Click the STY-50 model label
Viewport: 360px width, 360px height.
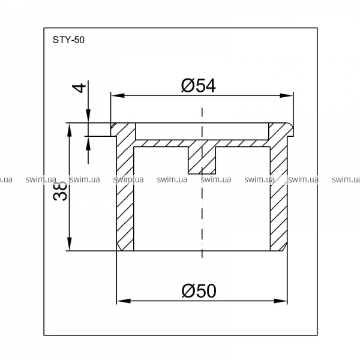tap(68, 40)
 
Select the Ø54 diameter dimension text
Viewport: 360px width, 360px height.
tap(199, 86)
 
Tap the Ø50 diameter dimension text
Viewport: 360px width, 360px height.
tap(199, 290)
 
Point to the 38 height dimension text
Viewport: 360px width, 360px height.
tap(60, 191)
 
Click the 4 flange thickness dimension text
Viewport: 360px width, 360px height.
tap(79, 88)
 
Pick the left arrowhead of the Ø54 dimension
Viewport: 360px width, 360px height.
tap(118, 95)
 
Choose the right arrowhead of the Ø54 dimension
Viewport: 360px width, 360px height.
tap(287, 95)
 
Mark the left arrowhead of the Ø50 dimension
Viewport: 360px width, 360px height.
tap(124, 301)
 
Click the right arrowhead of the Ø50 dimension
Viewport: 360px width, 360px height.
tap(281, 301)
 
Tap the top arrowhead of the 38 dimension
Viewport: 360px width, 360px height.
tap(69, 130)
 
